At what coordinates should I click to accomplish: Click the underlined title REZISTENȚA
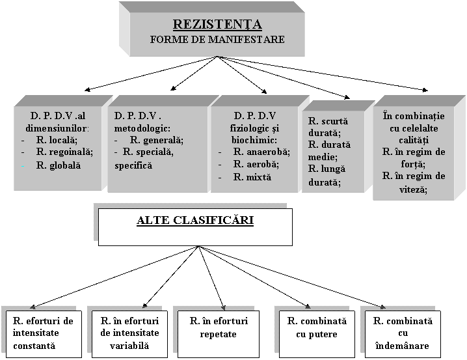point(217,25)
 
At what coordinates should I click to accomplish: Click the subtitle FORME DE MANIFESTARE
point(217,39)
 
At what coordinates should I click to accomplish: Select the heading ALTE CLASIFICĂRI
point(195,220)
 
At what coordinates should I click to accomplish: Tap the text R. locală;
point(57,140)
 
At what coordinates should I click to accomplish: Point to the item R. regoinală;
point(64,152)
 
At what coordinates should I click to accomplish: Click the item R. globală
point(59,165)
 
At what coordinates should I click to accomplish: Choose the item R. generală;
point(157,140)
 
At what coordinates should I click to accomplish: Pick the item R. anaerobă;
point(261,152)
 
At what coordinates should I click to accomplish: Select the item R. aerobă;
point(256,164)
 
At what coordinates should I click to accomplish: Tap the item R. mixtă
point(252,177)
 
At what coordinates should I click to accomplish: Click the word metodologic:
point(142,128)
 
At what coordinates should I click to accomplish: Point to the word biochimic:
point(254,140)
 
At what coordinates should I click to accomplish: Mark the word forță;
point(413,164)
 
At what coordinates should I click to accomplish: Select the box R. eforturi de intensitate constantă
point(44,334)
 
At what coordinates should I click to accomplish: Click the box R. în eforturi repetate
point(219,334)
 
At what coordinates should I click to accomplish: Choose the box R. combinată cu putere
point(317,334)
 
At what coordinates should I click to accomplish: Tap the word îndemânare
point(403,346)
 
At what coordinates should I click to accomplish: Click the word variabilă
point(129,346)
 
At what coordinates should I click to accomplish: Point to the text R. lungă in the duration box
point(327,169)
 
